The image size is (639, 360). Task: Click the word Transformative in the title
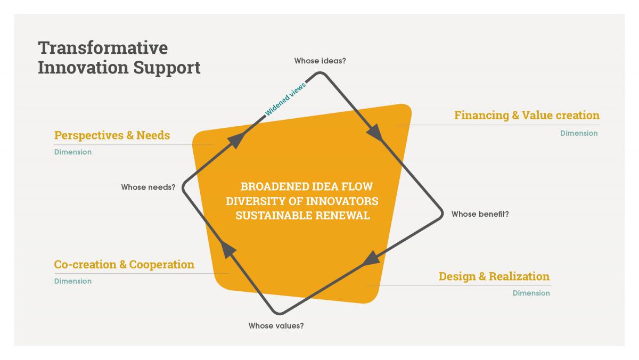click(x=103, y=47)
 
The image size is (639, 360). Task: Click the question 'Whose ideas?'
click(x=320, y=61)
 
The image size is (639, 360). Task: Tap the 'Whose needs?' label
click(x=148, y=187)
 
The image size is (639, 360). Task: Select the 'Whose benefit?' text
click(x=480, y=214)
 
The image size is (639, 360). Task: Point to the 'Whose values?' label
click(x=276, y=325)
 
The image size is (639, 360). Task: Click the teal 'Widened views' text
click(x=285, y=99)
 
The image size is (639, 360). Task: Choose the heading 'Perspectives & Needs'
click(x=112, y=135)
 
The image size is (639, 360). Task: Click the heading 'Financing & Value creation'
click(x=527, y=115)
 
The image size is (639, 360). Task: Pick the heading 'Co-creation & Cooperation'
click(x=124, y=265)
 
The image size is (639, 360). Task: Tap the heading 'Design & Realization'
click(x=494, y=276)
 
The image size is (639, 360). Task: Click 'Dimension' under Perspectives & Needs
click(x=73, y=152)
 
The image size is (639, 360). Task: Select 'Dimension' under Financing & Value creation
click(x=579, y=133)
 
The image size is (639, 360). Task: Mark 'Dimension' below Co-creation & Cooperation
click(x=73, y=281)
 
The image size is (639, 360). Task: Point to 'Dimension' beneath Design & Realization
click(x=531, y=293)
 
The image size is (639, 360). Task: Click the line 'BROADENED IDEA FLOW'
click(x=307, y=186)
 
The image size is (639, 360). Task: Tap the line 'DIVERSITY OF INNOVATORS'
click(x=302, y=201)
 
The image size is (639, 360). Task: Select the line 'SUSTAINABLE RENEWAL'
click(x=302, y=215)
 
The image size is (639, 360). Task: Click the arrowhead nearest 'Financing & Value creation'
click(x=375, y=133)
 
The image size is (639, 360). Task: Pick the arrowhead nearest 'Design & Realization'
click(x=371, y=259)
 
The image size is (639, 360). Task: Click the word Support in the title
click(x=167, y=68)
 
